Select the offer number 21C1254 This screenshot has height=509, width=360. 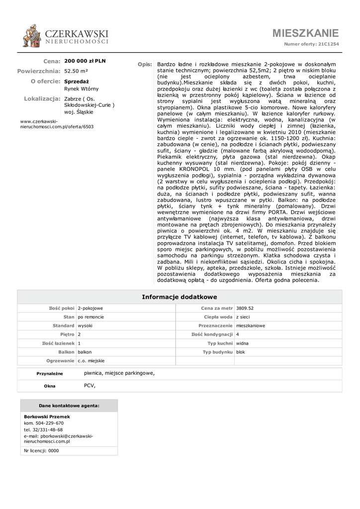(x=329, y=44)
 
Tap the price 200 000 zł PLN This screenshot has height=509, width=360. (x=85, y=61)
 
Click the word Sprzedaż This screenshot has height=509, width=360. (x=77, y=81)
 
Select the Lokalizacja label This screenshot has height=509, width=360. (x=42, y=98)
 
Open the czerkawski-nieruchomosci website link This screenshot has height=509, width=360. (x=57, y=124)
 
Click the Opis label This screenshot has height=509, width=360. (x=145, y=65)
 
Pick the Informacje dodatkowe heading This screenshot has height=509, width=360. (x=180, y=297)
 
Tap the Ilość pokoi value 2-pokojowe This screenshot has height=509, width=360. (x=90, y=308)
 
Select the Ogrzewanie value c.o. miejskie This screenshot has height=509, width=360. (x=91, y=360)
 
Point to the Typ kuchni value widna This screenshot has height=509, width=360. (x=243, y=343)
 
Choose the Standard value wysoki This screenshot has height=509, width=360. (x=85, y=326)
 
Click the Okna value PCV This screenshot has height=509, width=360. (x=90, y=385)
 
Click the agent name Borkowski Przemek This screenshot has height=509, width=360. (x=47, y=417)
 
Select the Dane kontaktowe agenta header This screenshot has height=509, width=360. (x=69, y=406)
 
